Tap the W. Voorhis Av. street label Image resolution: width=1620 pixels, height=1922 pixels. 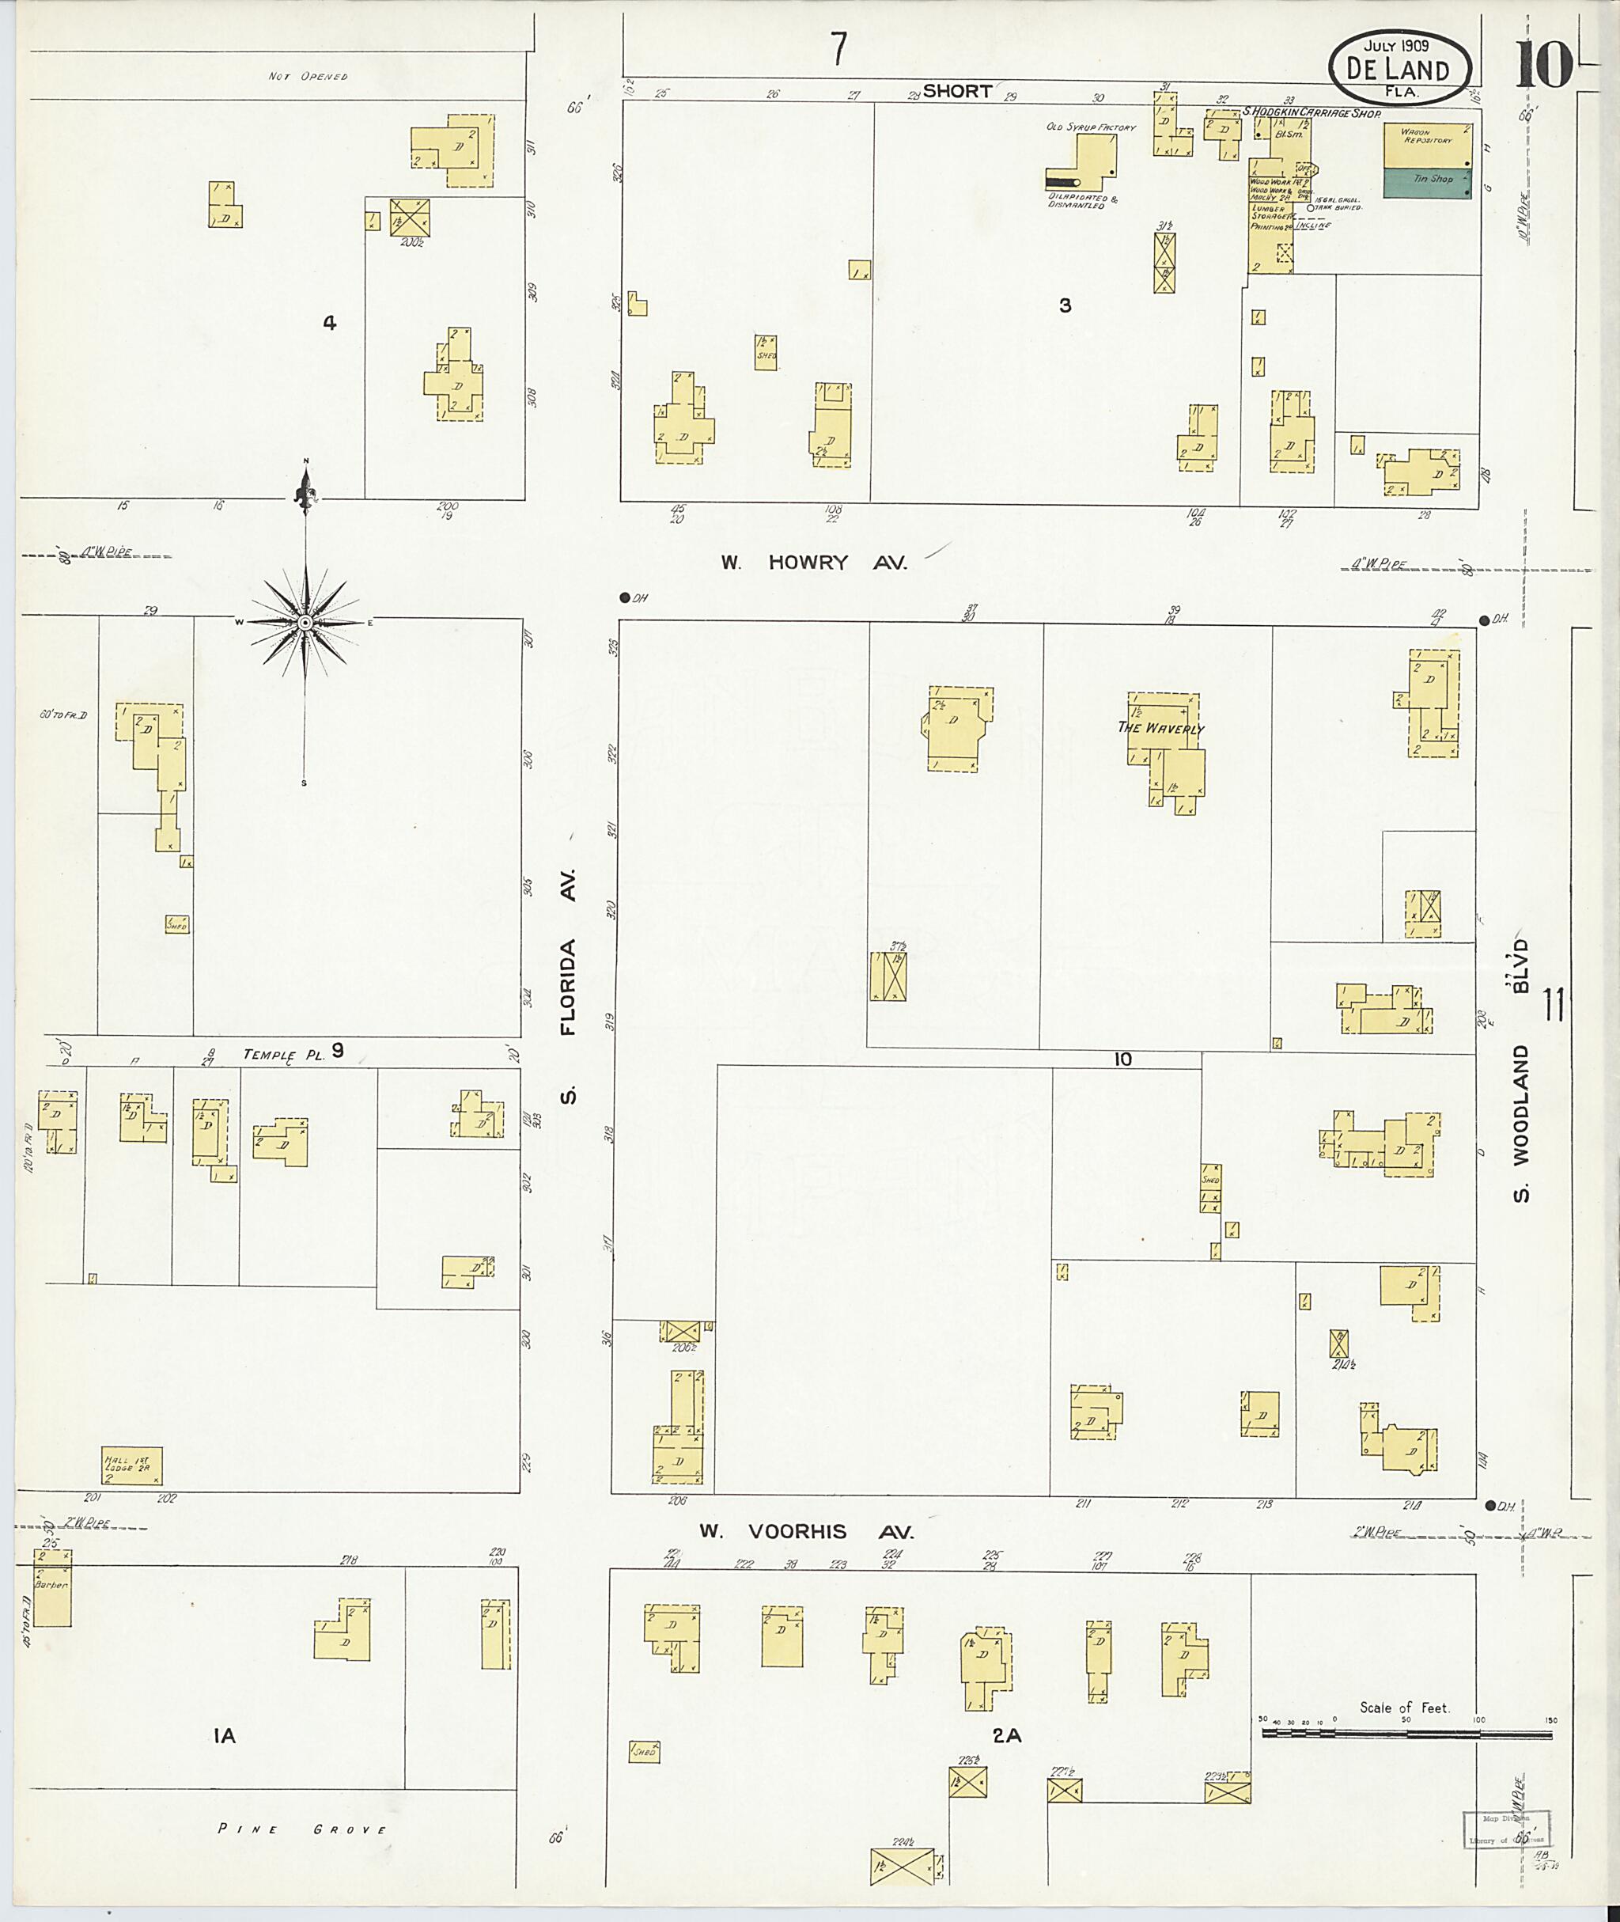tap(805, 1532)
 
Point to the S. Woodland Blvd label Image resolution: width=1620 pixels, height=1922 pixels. tap(1523, 1071)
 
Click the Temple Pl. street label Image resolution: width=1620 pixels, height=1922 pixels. tap(284, 1056)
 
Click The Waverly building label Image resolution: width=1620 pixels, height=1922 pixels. tap(1160, 728)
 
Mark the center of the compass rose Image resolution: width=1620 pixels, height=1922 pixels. tap(306, 623)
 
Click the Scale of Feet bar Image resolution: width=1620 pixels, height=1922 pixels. tap(1405, 1734)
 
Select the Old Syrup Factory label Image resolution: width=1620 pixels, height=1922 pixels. tap(1091, 127)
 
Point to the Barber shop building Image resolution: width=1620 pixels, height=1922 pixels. tap(51, 1587)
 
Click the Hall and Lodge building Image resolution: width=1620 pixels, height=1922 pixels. tap(131, 1465)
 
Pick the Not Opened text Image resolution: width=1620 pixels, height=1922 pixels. tap(308, 76)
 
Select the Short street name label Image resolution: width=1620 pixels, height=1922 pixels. tap(956, 91)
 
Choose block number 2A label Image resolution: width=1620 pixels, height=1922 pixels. tap(1006, 1735)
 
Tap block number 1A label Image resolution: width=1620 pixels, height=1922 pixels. tap(224, 1735)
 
